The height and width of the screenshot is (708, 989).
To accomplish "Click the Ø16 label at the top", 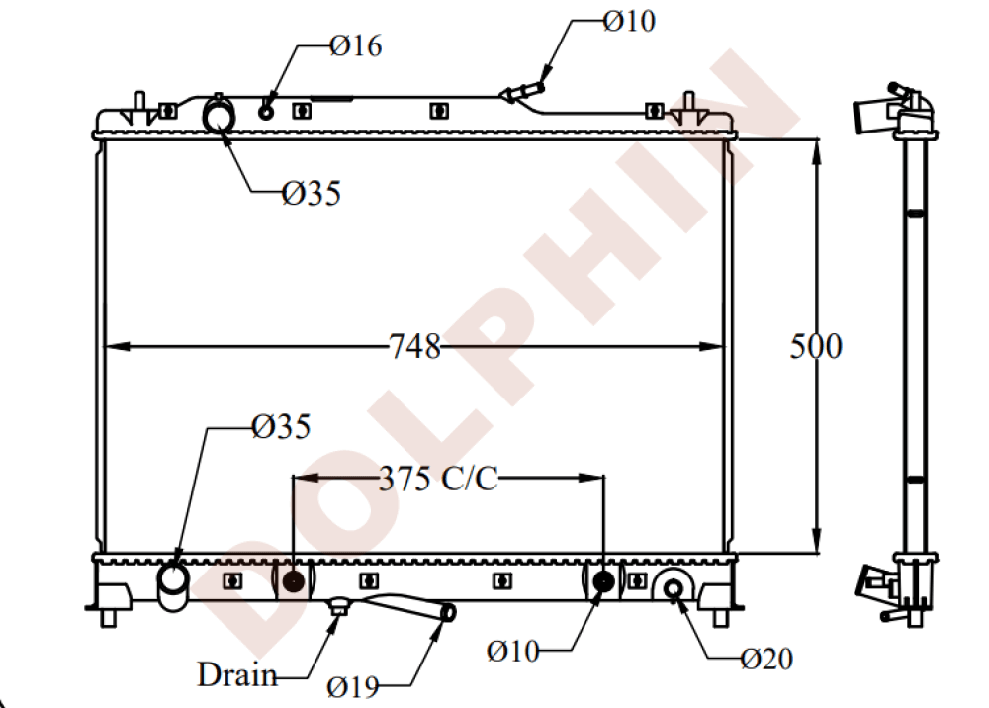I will pyautogui.click(x=355, y=45).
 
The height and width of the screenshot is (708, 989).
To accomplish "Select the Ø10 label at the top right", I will pyautogui.click(x=628, y=21).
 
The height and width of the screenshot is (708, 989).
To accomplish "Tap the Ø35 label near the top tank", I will pyautogui.click(x=311, y=194).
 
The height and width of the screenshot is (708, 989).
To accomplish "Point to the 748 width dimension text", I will pyautogui.click(x=414, y=347).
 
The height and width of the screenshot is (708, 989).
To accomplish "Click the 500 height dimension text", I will pyautogui.click(x=816, y=347).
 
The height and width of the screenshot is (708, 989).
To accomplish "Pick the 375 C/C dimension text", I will pyautogui.click(x=437, y=479).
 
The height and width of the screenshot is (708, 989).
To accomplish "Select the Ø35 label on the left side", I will pyautogui.click(x=281, y=427).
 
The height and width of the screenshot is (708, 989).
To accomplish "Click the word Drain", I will pyautogui.click(x=236, y=675).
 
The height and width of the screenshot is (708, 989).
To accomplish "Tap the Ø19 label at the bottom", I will pyautogui.click(x=353, y=685).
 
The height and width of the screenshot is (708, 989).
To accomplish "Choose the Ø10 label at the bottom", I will pyautogui.click(x=513, y=651).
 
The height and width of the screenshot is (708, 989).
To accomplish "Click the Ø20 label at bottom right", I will pyautogui.click(x=766, y=659).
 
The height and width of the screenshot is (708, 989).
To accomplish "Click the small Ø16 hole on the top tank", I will pyautogui.click(x=266, y=111).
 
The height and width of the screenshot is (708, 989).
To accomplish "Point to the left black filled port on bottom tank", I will pyautogui.click(x=293, y=580).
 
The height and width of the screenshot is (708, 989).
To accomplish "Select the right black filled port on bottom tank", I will pyautogui.click(x=603, y=580).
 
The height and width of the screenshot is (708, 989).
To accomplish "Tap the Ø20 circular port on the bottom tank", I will pyautogui.click(x=674, y=589).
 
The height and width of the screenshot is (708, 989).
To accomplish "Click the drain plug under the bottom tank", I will pyautogui.click(x=339, y=606).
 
